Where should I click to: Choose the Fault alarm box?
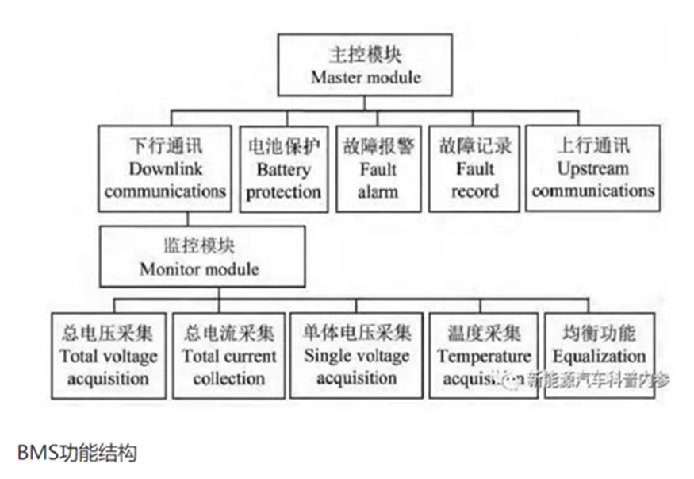[378, 168]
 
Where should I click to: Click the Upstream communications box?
[592, 168]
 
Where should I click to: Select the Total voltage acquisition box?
[108, 355]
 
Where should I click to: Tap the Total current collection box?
[228, 355]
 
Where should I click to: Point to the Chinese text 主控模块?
[365, 56]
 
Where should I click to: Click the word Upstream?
[592, 168]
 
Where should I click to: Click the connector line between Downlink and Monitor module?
[187, 218]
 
